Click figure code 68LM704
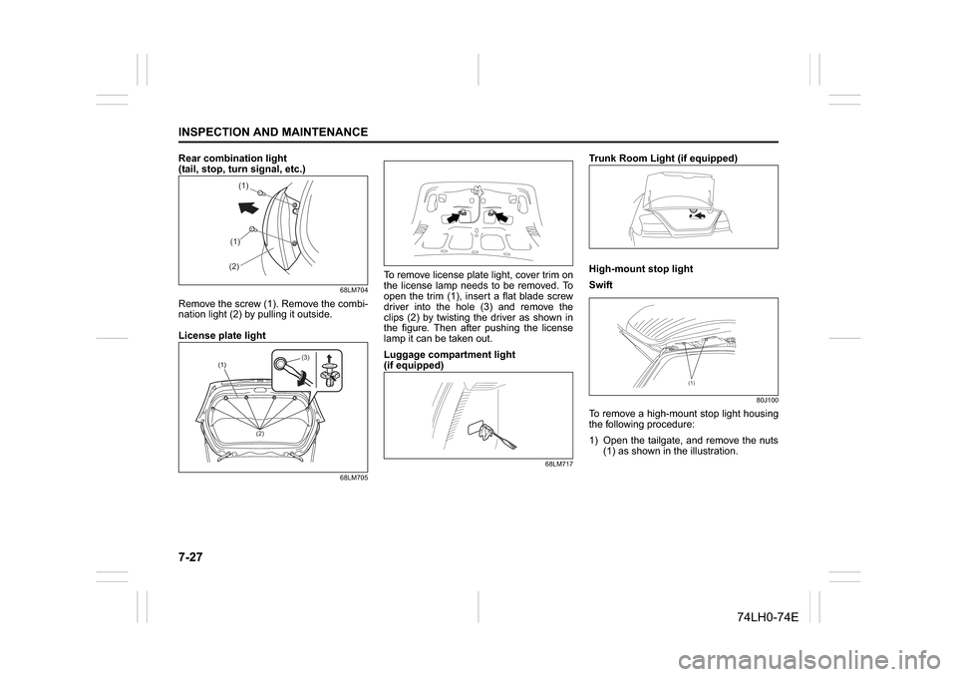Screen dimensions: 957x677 (x=353, y=290)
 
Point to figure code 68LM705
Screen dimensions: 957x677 (x=353, y=478)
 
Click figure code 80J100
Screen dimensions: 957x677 (x=765, y=400)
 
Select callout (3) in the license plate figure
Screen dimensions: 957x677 (x=306, y=356)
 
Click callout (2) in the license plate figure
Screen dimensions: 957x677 (x=259, y=436)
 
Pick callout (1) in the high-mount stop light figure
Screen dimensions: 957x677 (x=690, y=381)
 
